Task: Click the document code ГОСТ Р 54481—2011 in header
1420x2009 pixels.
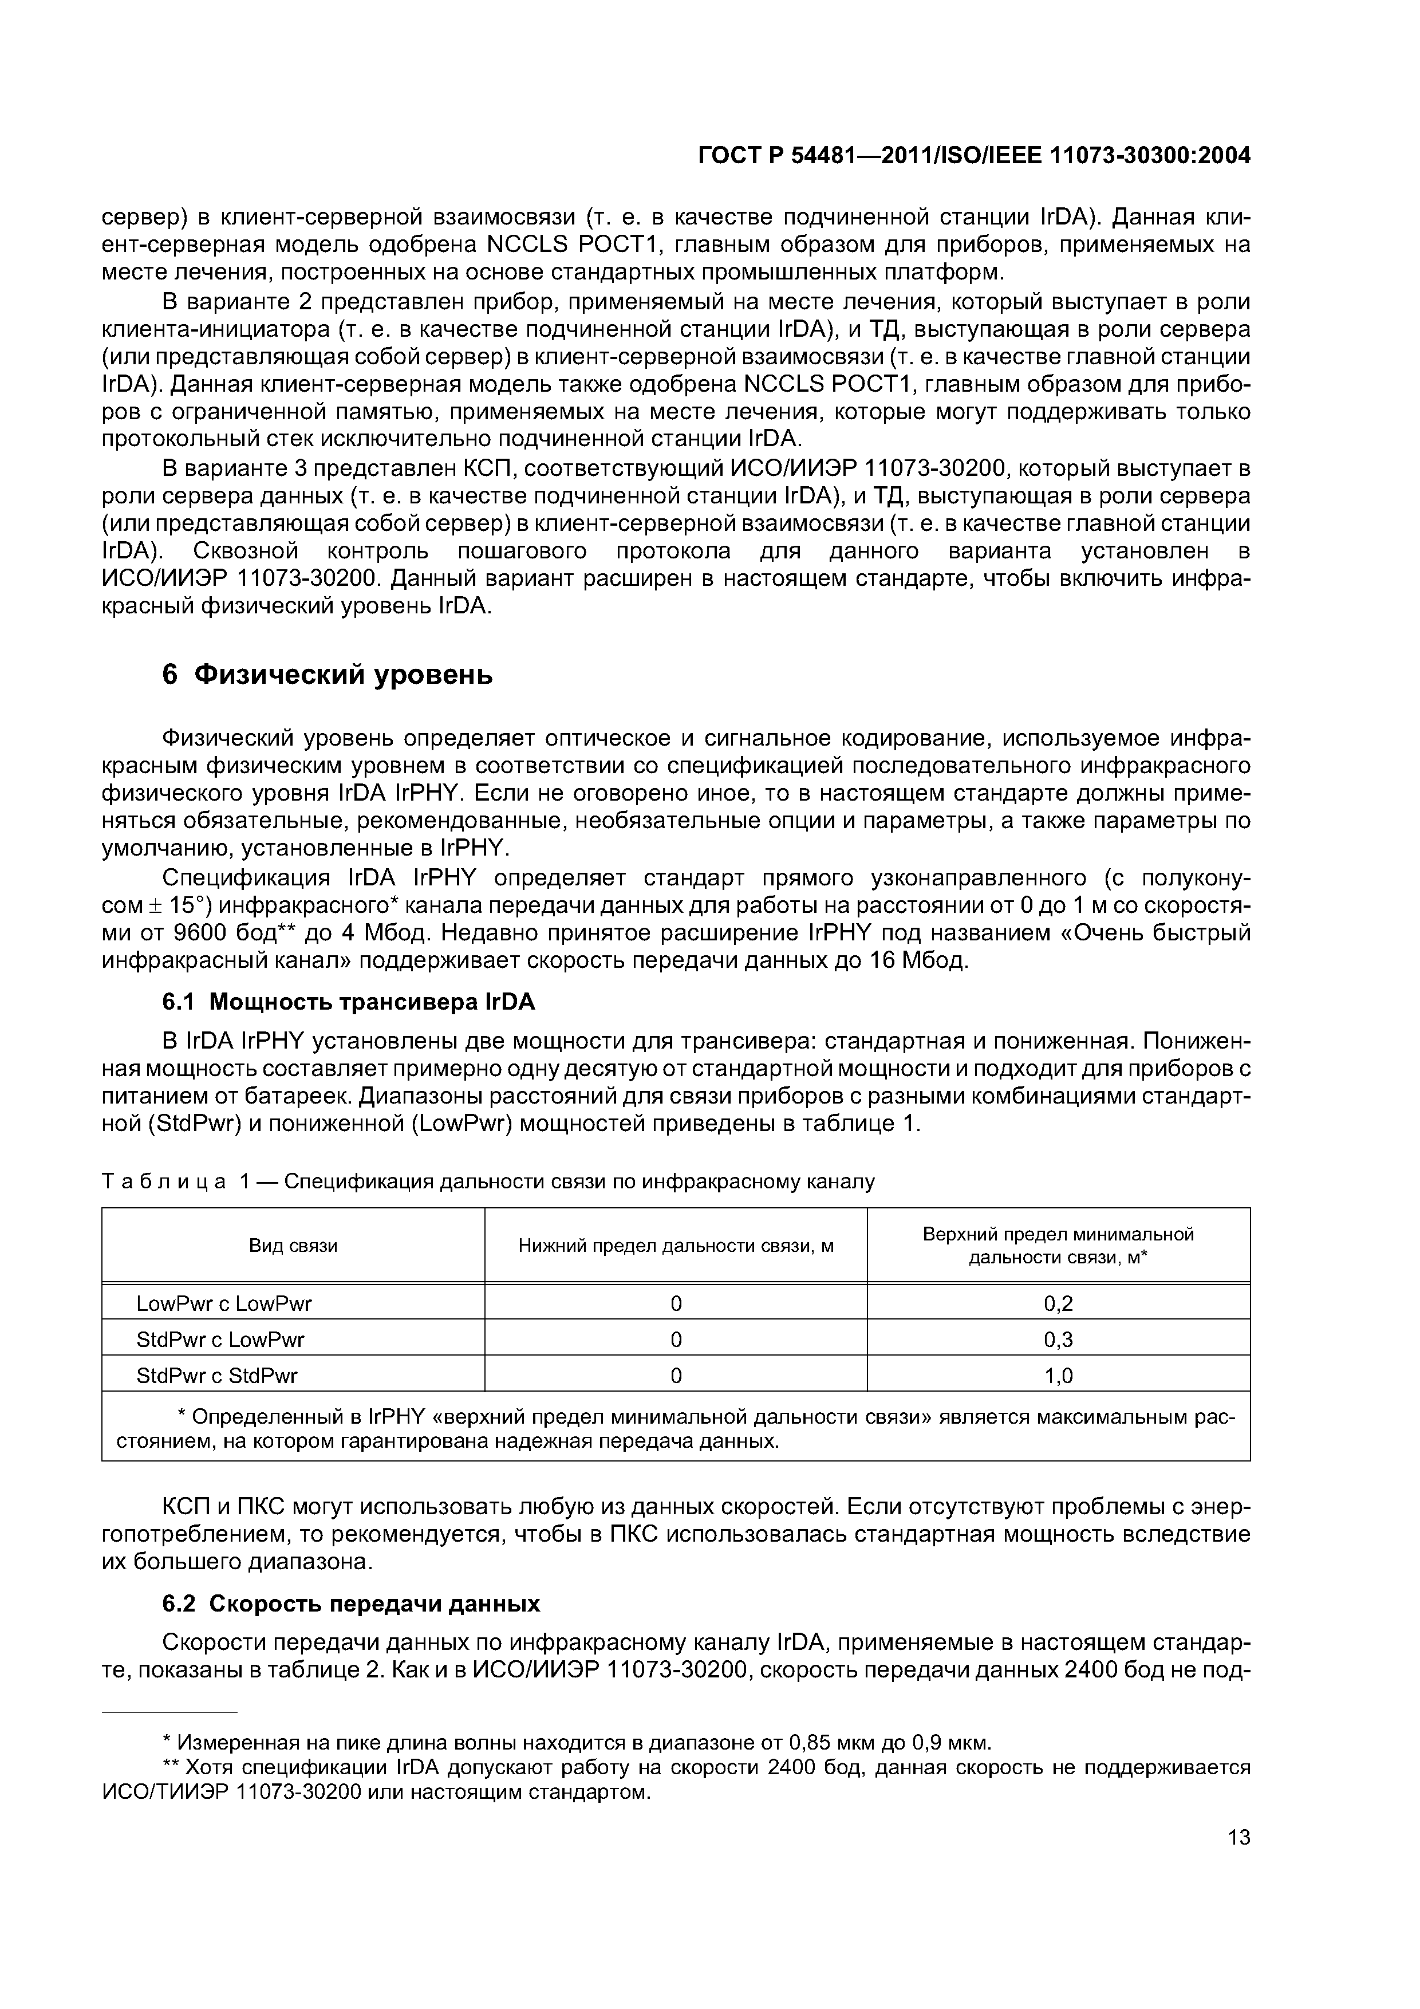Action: point(827,156)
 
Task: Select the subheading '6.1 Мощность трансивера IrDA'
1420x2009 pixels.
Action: point(348,1001)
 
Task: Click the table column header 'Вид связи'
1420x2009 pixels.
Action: point(293,1245)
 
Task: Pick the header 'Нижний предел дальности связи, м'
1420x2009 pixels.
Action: point(676,1245)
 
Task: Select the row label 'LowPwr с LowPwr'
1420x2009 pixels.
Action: point(224,1304)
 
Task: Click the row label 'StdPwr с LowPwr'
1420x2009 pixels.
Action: point(220,1340)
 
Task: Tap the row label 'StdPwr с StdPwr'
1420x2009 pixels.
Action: point(217,1376)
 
